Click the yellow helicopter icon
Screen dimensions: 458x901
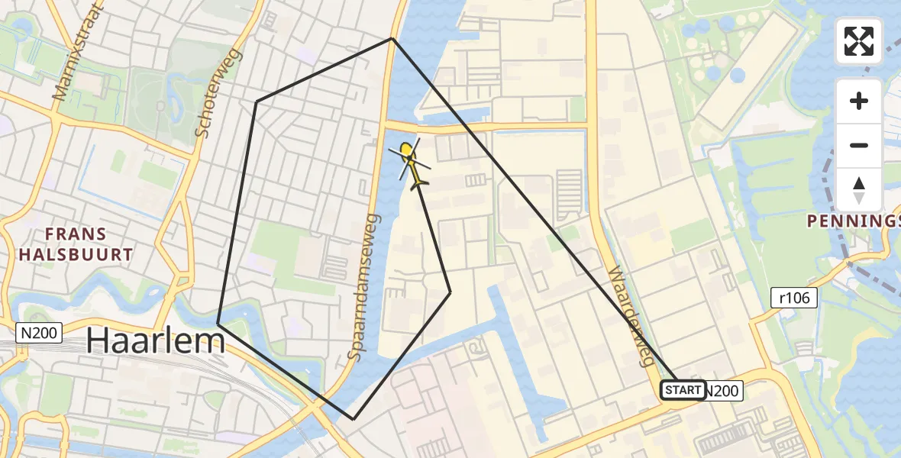411,163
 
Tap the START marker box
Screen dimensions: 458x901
682,390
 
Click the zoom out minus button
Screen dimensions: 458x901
859,145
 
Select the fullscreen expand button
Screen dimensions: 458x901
859,41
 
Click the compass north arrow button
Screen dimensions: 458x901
859,189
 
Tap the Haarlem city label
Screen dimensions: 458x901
155,340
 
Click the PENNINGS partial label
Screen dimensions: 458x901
854,222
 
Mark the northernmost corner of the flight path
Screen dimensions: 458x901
392,38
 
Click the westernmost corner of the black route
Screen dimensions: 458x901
218,324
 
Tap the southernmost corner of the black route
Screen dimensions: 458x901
353,419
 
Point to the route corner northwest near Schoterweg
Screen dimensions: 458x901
256,101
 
